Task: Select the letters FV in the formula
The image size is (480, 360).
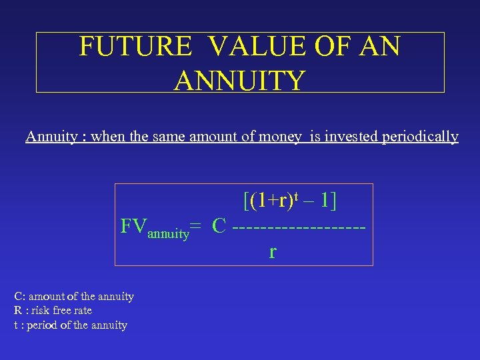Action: coord(133,225)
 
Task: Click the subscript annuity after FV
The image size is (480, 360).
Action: coord(168,234)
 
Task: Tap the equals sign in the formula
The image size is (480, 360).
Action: coord(197,227)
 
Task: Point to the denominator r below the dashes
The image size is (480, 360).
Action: coord(273,253)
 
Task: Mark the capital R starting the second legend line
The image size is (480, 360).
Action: coord(17,311)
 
